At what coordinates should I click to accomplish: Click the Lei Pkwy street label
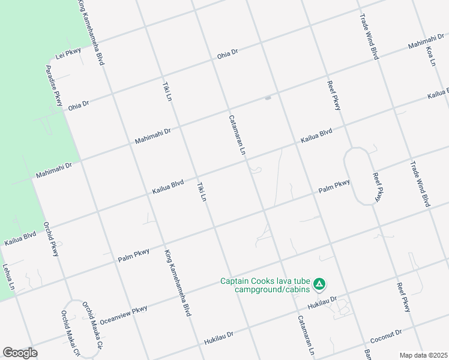[x=68, y=53]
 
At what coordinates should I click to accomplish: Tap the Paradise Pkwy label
[x=54, y=86]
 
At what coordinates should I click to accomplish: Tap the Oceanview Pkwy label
[x=122, y=313]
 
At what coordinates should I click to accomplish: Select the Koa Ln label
[x=430, y=55]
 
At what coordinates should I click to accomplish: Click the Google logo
[x=20, y=353]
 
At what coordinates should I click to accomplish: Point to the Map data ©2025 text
[x=423, y=355]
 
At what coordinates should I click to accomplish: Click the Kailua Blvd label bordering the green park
[x=20, y=239]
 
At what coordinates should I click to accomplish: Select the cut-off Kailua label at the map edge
[x=438, y=94]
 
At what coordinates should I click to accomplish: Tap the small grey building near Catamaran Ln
[x=268, y=98]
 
